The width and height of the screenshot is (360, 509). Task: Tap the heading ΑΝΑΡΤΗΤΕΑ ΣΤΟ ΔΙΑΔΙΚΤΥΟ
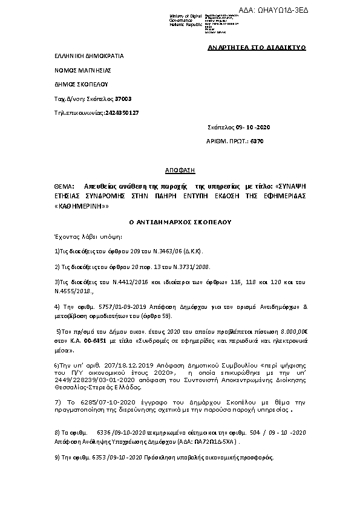coord(257,47)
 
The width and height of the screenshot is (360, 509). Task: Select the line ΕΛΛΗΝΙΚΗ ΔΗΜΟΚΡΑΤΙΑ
coord(89,56)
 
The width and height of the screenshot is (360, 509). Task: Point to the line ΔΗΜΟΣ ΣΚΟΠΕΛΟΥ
coord(82,84)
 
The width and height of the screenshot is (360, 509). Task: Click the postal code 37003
coord(123,98)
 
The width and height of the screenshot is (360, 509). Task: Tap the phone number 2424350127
coord(122,112)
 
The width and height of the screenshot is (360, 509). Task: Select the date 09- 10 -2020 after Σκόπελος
coord(253,127)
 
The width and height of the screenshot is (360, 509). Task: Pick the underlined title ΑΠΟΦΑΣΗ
coord(179,171)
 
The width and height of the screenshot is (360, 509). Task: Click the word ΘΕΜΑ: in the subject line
coord(64,187)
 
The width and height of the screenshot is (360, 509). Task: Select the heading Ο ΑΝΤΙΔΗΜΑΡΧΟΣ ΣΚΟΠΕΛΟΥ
coord(180,222)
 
